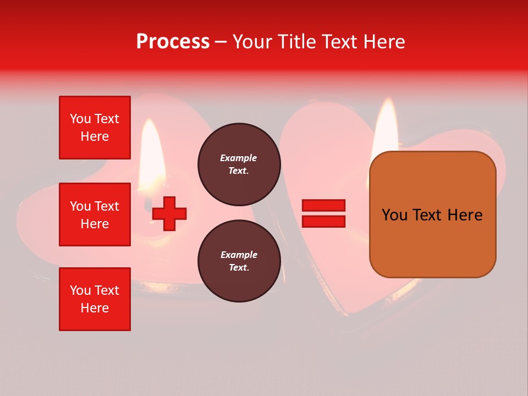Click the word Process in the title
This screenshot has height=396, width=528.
pos(173,42)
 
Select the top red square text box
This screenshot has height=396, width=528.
pos(95,128)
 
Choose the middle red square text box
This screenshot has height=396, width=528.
pos(95,215)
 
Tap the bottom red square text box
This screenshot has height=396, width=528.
pos(95,299)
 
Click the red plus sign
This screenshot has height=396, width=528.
pos(169,213)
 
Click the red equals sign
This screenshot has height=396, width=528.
pos(324,213)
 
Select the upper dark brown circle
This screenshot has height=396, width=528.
pos(239,164)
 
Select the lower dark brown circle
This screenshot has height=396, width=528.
pos(239,261)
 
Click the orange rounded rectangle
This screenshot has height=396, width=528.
pos(432,215)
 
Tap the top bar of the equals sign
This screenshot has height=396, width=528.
pos(324,206)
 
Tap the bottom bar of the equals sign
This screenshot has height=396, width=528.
pos(324,221)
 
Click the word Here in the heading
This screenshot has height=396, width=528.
pos(384,42)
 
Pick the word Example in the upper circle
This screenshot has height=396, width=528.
pos(239,158)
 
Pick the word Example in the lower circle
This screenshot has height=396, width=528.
pos(239,255)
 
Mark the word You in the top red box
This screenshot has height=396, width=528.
pos(80,119)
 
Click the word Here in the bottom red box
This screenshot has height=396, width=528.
pos(95,308)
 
